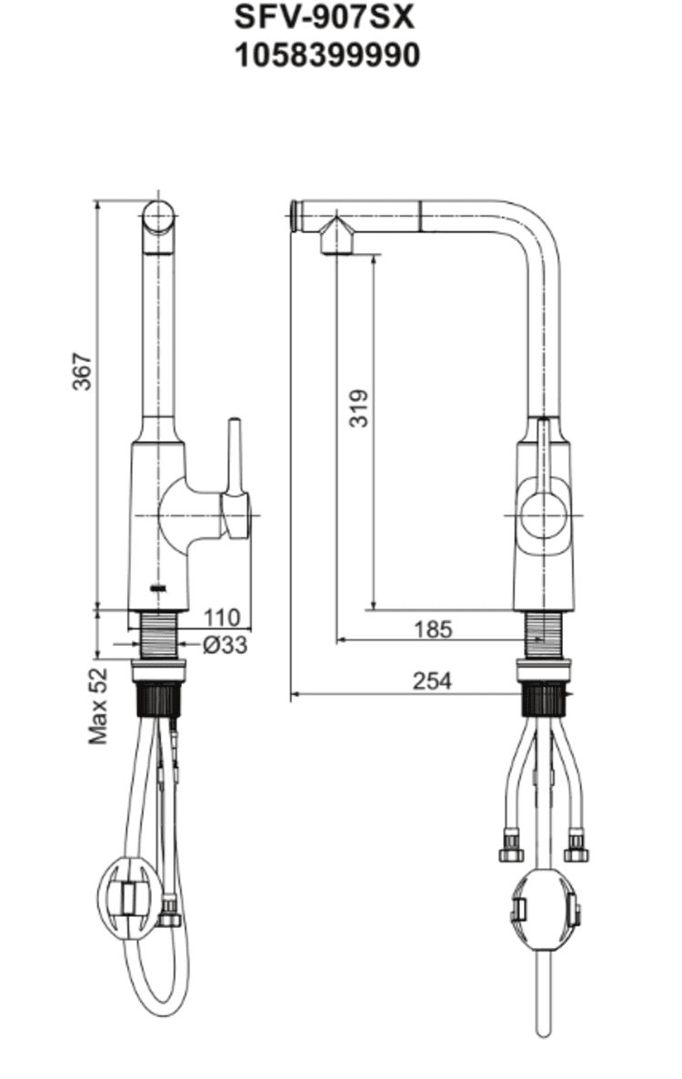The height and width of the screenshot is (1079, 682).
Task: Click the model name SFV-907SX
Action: coord(325,17)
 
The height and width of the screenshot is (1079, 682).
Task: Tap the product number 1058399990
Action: coord(327,55)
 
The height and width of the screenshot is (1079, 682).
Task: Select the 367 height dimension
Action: coord(82,371)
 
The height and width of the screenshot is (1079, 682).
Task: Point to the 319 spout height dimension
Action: coord(358,408)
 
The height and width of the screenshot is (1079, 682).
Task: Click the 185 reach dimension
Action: coord(433,629)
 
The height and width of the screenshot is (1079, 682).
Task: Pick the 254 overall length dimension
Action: coord(433,681)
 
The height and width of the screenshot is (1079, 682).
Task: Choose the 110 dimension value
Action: coord(222,617)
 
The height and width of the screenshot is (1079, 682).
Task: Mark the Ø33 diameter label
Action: coord(225,645)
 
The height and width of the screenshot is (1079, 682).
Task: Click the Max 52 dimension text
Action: coord(98,705)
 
